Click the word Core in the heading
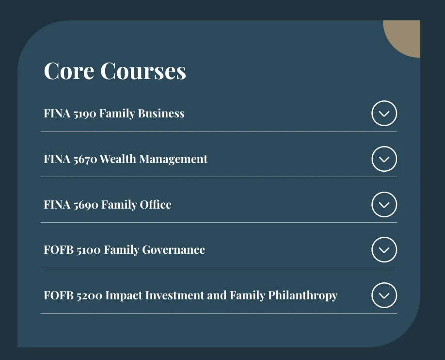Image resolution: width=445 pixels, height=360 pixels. [x=69, y=71]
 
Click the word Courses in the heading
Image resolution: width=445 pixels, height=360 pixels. [x=143, y=71]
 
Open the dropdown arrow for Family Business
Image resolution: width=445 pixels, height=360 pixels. [x=384, y=114]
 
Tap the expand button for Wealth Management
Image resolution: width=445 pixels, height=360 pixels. [x=384, y=159]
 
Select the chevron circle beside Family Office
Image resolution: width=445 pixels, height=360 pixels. [x=384, y=205]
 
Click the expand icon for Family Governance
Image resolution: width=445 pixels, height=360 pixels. [x=384, y=250]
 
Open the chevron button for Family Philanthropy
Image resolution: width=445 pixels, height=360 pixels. [x=384, y=295]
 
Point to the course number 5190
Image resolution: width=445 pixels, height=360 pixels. [x=84, y=114]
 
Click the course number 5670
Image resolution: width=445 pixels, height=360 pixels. [x=84, y=160]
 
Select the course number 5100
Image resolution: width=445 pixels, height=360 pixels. [x=88, y=250]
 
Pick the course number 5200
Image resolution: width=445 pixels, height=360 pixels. [x=89, y=295]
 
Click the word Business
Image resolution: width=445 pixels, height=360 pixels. [x=161, y=114]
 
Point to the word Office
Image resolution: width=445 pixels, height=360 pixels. [x=156, y=204]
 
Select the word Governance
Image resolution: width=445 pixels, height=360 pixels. [x=174, y=250]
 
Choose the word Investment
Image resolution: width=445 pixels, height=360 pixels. [x=175, y=295]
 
